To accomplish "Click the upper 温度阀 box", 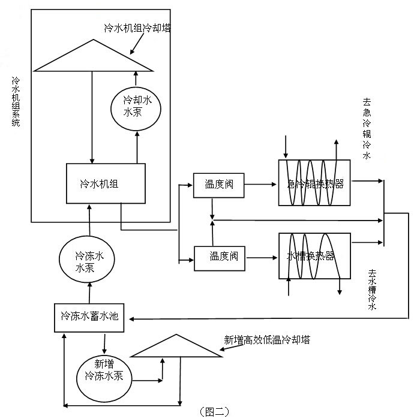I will pos(218,185).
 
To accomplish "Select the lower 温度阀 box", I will pos(219,257).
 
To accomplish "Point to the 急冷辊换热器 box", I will pos(314,183).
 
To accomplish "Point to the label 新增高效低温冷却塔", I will pos(267,340).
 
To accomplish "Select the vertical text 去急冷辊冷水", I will pos(367,129).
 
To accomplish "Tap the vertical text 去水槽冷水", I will pos(373,290).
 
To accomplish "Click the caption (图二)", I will pos(213,411).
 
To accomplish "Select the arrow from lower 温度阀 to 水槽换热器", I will pos(261,257).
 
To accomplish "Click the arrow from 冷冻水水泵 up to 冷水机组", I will pos(89,222).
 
